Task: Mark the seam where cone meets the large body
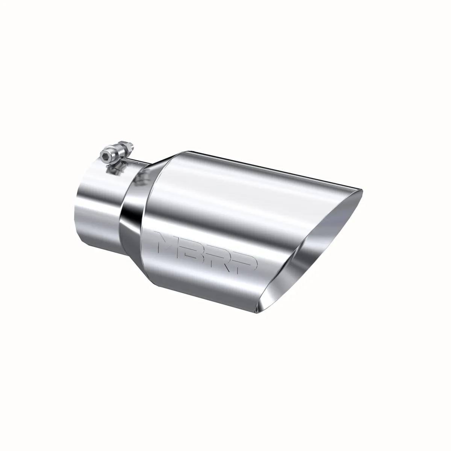[148, 218]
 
